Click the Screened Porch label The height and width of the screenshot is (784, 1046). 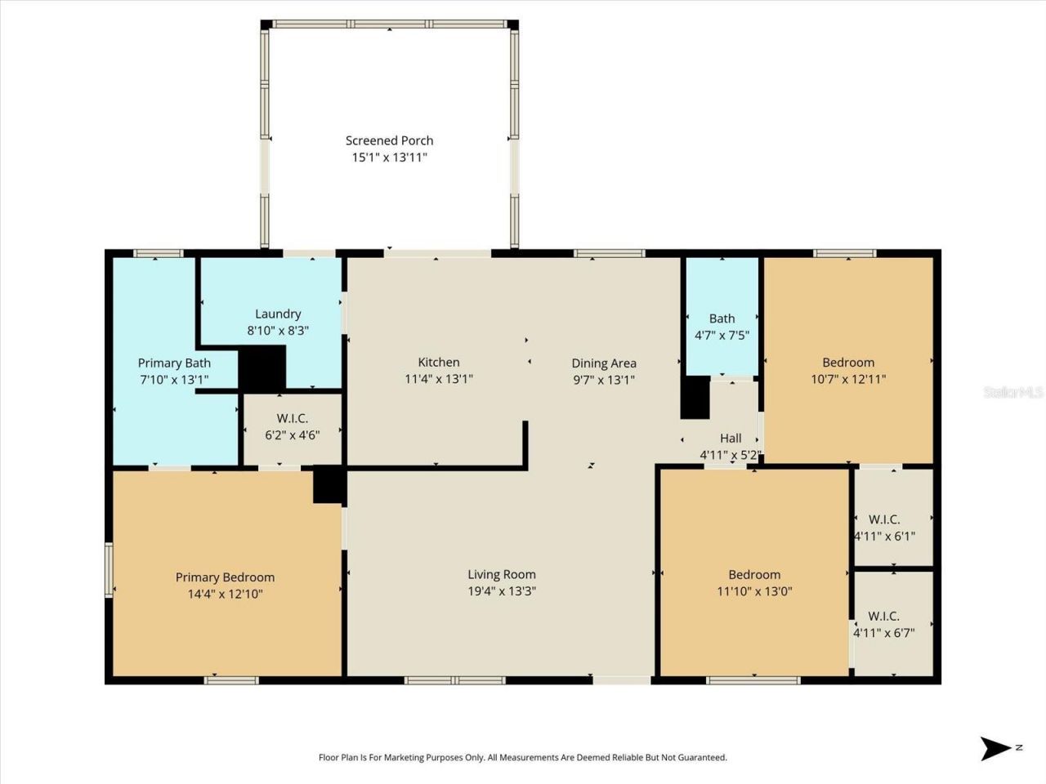[x=389, y=140]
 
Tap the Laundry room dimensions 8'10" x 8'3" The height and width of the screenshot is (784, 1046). [x=278, y=331]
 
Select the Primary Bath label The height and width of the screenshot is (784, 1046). [x=174, y=363]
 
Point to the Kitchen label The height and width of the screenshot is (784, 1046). [x=439, y=362]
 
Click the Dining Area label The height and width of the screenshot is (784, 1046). [x=604, y=363]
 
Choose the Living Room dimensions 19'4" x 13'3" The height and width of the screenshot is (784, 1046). [x=502, y=591]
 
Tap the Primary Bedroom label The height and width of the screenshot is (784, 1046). [x=225, y=577]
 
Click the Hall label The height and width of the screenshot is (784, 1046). [x=731, y=439]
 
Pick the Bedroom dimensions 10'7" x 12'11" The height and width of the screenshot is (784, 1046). [x=848, y=379]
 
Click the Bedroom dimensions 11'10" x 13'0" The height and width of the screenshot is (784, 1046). [x=754, y=591]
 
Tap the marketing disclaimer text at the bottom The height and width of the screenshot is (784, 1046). [x=522, y=758]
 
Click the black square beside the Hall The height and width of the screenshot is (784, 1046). [x=695, y=398]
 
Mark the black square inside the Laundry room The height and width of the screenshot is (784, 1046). [x=261, y=368]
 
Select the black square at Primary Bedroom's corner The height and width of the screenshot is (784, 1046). [x=329, y=484]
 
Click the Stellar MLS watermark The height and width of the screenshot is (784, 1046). [x=1013, y=392]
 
